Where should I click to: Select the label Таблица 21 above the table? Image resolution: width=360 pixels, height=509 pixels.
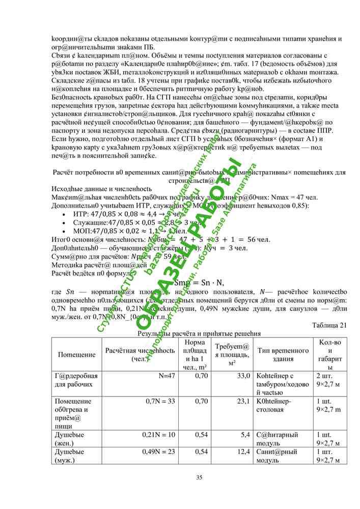pos(328,325)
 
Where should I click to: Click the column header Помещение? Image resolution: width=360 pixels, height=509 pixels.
pos(76,354)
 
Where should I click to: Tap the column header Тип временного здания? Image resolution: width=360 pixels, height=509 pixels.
pos(283,354)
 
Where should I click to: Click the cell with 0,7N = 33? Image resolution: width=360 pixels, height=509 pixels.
pos(160,401)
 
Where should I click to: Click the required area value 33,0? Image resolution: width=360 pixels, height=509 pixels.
pos(242,376)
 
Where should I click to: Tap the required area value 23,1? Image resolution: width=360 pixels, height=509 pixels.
pos(242,401)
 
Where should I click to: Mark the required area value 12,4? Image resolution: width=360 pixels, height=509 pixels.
pos(242,451)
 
